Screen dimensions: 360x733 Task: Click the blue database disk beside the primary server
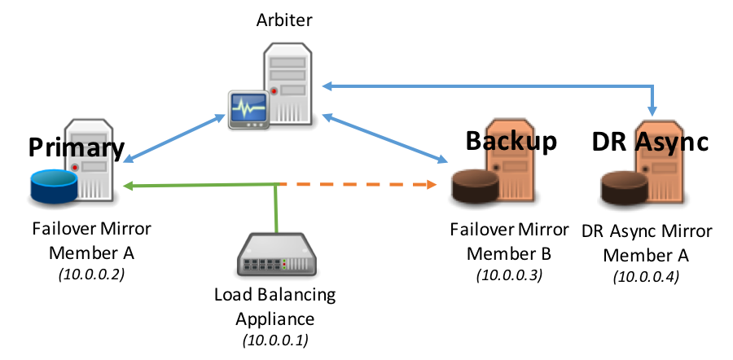(x=53, y=186)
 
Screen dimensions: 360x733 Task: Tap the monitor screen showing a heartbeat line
(x=248, y=106)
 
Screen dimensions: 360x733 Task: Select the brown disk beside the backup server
(x=474, y=185)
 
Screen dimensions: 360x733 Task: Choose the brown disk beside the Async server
(x=623, y=187)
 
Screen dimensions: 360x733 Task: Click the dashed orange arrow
(x=358, y=185)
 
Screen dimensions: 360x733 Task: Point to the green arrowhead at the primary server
(x=127, y=186)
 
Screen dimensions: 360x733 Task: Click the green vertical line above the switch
(x=277, y=209)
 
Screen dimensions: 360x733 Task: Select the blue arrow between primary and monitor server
(x=173, y=138)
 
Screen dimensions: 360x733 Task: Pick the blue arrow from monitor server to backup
(x=384, y=138)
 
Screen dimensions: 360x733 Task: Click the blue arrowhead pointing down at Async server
(x=652, y=112)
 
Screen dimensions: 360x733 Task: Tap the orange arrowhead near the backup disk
(x=432, y=185)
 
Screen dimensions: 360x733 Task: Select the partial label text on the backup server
(x=508, y=142)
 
